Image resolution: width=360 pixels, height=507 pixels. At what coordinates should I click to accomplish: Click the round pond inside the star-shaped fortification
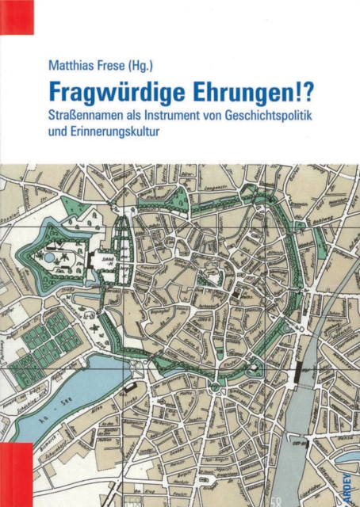pos(50,257)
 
